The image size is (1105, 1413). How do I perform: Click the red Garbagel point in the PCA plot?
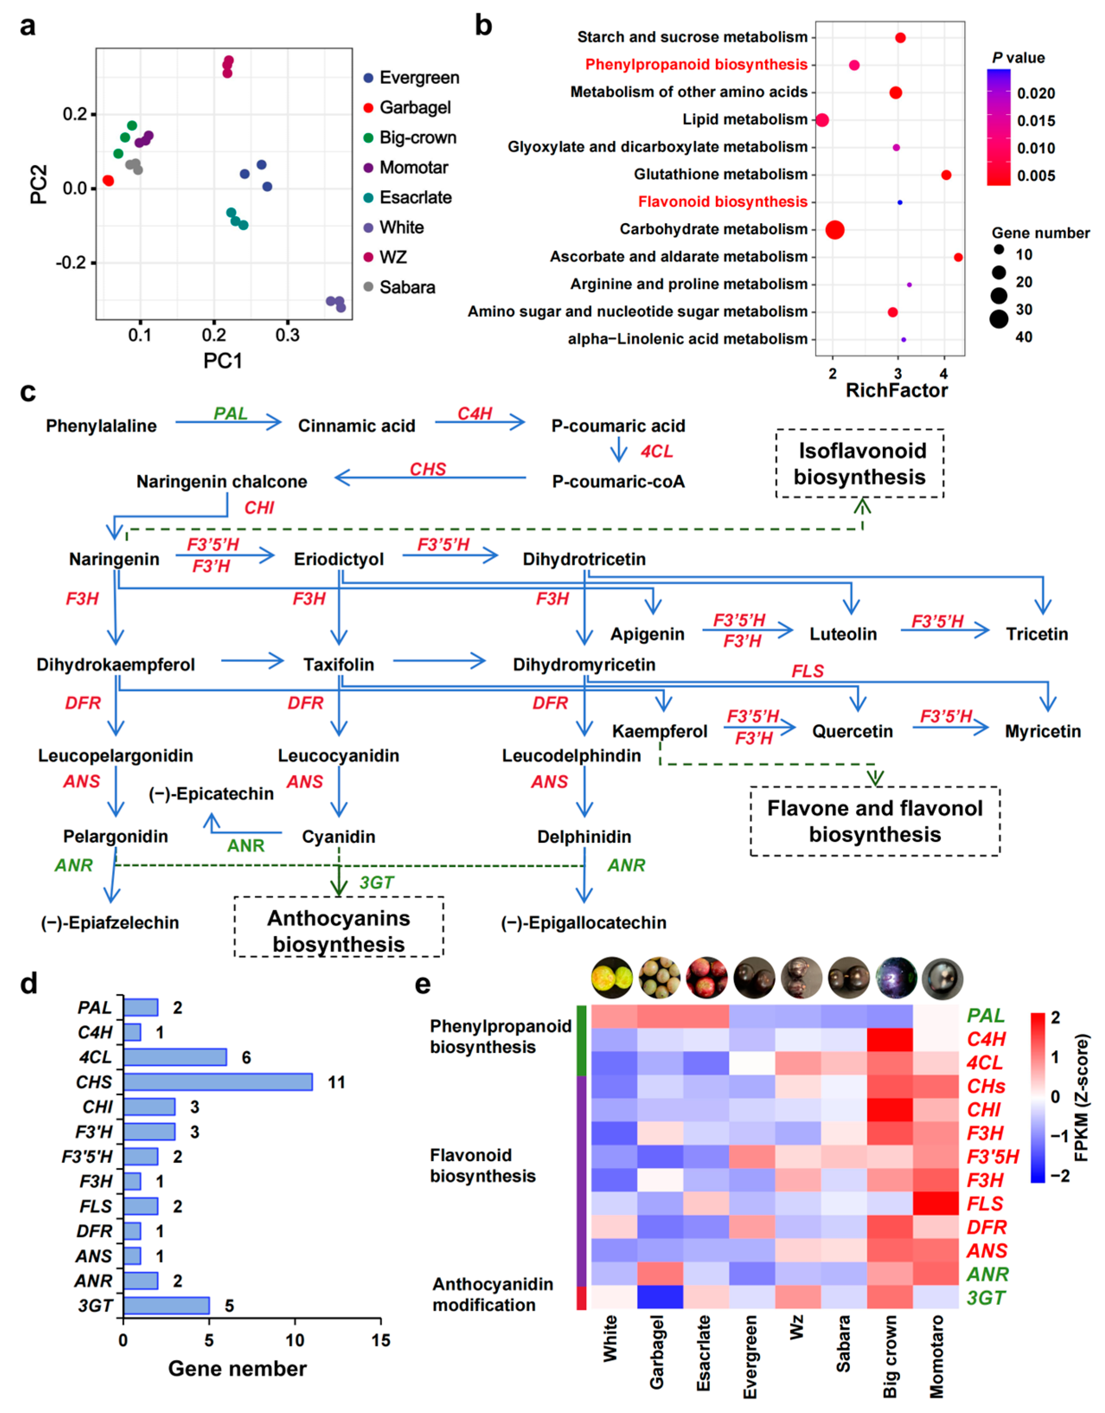coord(108,180)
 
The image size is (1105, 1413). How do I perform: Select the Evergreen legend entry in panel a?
coord(418,78)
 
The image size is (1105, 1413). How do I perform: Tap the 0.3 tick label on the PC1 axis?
coord(287,335)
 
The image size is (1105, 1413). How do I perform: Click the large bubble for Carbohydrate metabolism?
coord(834,230)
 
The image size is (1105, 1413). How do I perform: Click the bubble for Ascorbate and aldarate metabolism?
coord(958,258)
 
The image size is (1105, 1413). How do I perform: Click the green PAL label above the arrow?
coord(230,413)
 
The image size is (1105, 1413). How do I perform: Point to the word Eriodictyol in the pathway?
coord(339,559)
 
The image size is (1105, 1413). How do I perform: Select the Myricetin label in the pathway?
coord(1042,731)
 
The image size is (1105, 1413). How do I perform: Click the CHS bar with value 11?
coord(218,1082)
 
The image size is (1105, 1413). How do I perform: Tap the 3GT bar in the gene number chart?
coord(166,1306)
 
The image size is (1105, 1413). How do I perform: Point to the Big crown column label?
coord(890,1355)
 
